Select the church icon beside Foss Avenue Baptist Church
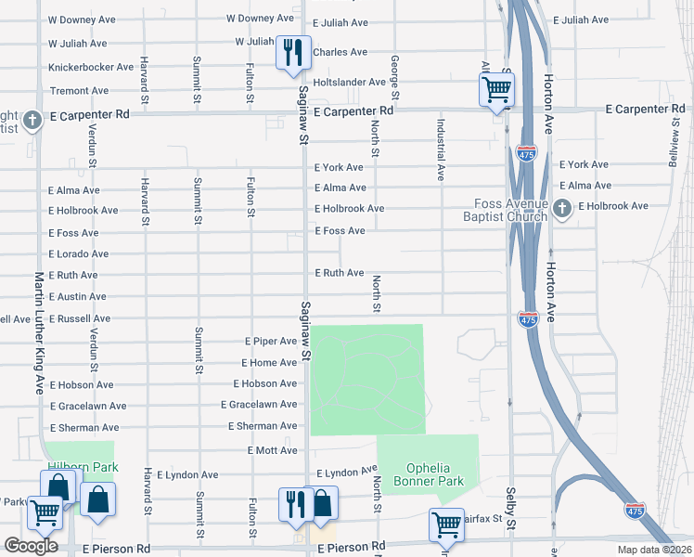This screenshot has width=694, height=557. [x=562, y=210]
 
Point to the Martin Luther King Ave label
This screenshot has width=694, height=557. [x=40, y=332]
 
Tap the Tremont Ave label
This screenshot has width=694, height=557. [x=79, y=91]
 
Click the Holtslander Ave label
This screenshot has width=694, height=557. [x=349, y=83]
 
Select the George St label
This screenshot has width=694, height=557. [x=395, y=79]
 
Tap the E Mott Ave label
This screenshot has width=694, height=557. [x=272, y=450]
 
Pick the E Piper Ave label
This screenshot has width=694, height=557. [x=270, y=342]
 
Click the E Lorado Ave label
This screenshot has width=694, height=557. [x=79, y=253]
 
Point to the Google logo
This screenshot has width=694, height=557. [x=31, y=546]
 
